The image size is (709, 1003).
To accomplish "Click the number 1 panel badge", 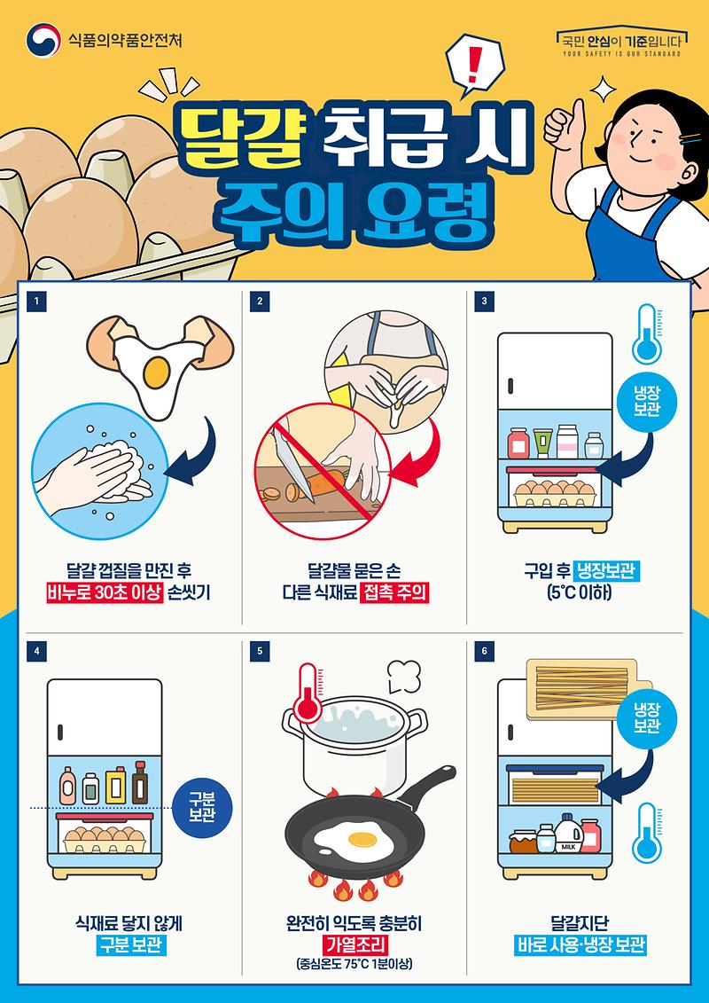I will point(36,302).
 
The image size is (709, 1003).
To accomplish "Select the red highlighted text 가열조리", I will point(354,944).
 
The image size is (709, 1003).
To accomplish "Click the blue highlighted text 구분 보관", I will point(130,945).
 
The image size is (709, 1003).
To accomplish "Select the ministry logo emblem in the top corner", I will point(42,40).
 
